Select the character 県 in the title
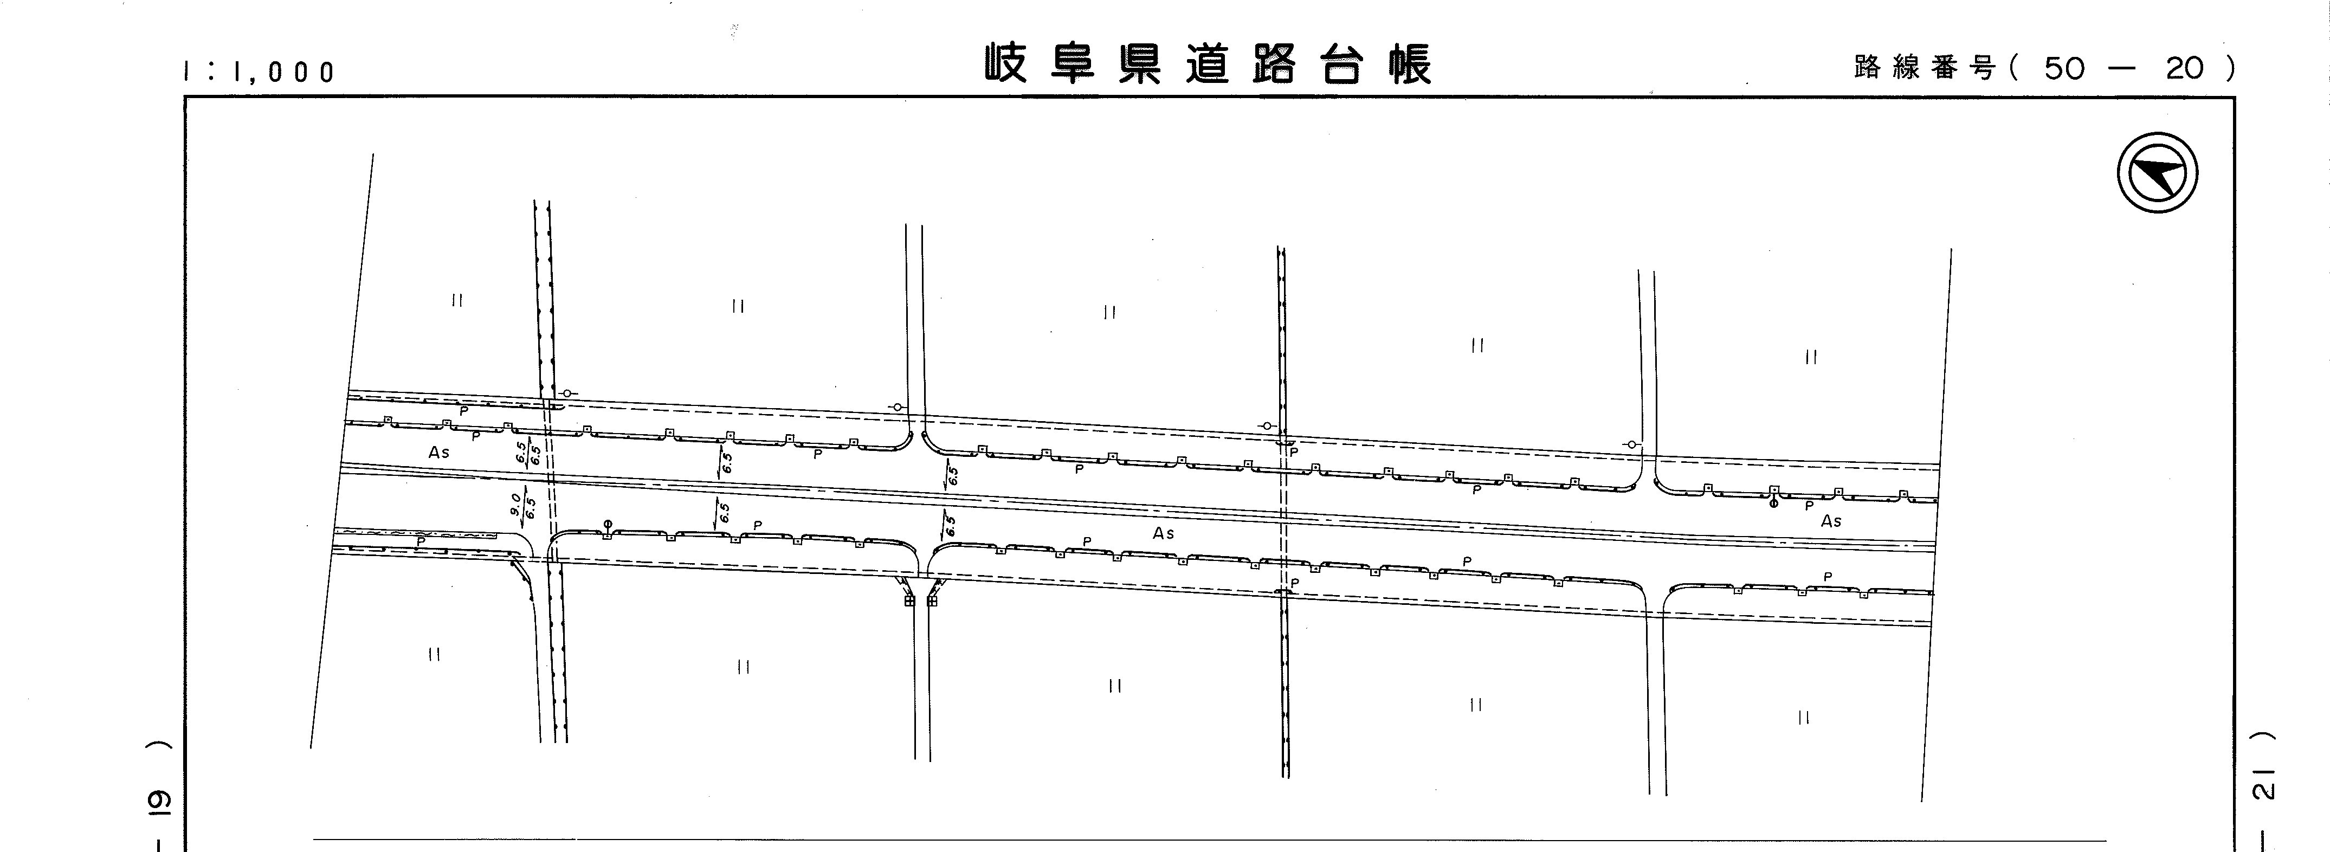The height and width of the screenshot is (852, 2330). pyautogui.click(x=1140, y=64)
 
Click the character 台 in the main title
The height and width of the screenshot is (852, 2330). pyautogui.click(x=1343, y=64)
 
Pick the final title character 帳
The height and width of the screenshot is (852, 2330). pyautogui.click(x=1411, y=64)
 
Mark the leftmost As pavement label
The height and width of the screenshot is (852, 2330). pyautogui.click(x=438, y=452)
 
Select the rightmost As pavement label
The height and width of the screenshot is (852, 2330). pyautogui.click(x=1831, y=521)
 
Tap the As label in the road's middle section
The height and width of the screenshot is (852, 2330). pyautogui.click(x=1163, y=534)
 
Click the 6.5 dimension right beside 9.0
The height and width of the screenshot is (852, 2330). pyautogui.click(x=531, y=507)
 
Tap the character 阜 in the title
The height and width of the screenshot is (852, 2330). pyautogui.click(x=1073, y=64)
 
